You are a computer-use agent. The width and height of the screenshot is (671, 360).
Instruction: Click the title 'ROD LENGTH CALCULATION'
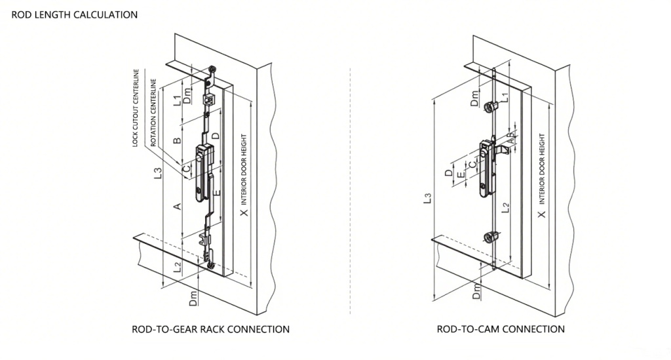[x=75, y=14]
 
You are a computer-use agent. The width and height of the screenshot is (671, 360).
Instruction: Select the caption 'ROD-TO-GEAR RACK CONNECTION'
[x=210, y=329]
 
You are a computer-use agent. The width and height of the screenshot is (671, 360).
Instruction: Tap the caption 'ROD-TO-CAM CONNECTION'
[x=501, y=329]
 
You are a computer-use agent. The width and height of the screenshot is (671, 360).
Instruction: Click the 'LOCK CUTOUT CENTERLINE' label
[x=136, y=108]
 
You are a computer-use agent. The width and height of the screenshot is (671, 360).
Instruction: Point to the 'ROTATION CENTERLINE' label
[x=153, y=113]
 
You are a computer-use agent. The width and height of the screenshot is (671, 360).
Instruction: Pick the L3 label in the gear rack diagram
[x=158, y=173]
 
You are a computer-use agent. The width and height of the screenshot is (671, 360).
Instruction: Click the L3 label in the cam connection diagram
[x=427, y=198]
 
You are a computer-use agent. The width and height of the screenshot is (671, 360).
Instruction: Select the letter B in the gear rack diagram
[x=177, y=140]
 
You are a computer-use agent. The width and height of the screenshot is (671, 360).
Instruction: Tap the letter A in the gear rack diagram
[x=177, y=207]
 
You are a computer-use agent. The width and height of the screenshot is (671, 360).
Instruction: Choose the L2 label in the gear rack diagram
[x=178, y=267]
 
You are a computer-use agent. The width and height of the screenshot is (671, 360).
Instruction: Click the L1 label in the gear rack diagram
[x=177, y=100]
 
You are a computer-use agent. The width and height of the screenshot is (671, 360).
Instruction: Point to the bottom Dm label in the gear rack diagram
[x=193, y=298]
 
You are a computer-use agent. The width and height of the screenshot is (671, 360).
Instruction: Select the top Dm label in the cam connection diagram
[x=474, y=98]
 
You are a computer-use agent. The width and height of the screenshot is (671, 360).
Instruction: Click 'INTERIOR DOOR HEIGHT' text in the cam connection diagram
[x=542, y=169]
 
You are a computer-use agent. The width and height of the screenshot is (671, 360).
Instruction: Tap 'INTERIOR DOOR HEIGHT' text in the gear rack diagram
[x=244, y=170]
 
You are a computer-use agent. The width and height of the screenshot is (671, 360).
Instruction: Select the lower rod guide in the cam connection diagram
[x=492, y=237]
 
